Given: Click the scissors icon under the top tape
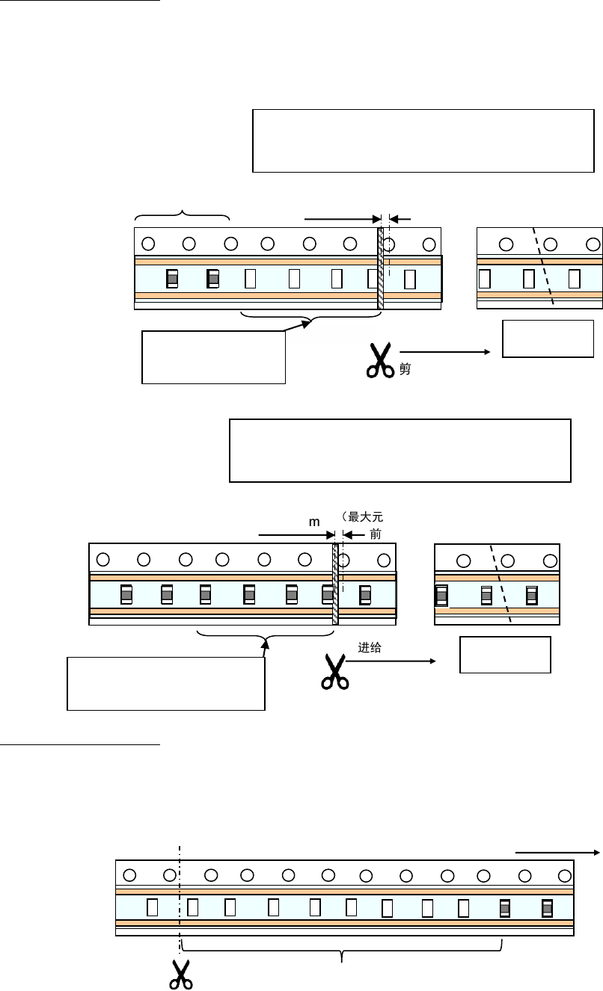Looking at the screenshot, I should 380,360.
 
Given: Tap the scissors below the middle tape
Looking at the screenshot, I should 335,670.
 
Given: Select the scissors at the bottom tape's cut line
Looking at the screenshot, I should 180,974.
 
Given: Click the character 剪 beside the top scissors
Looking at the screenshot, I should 404,368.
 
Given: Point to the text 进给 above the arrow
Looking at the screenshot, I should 370,648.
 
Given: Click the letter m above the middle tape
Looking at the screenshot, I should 315,524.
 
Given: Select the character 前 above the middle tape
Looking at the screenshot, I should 376,534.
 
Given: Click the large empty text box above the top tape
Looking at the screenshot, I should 423,141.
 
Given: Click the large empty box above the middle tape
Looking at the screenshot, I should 400,451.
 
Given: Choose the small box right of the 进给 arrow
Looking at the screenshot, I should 505,655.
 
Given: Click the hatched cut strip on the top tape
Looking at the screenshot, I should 380,269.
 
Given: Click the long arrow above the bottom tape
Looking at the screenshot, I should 557,851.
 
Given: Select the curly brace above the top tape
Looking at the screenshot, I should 182,216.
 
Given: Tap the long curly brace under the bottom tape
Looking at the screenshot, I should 342,953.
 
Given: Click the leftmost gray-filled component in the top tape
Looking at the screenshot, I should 172,279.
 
